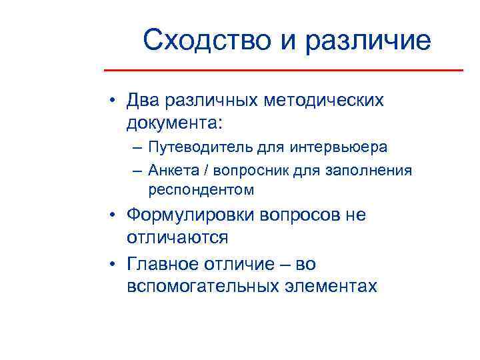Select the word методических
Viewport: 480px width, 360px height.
(x=325, y=101)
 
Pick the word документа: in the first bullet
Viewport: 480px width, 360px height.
(x=175, y=123)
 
